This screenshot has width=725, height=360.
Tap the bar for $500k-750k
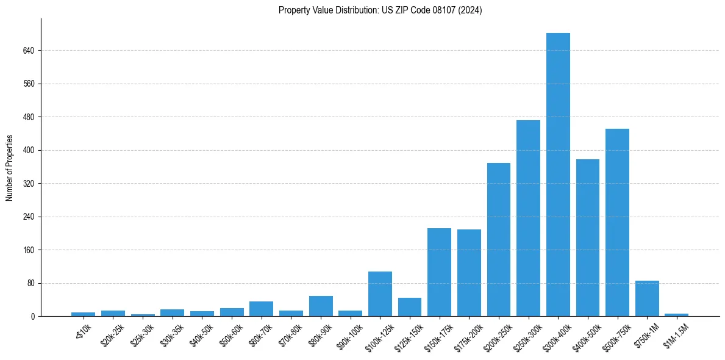(x=617, y=222)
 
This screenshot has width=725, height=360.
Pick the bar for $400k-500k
(x=588, y=237)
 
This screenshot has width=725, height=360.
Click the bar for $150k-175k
(x=439, y=272)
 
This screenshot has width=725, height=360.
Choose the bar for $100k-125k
(x=380, y=293)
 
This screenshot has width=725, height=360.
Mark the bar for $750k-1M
(x=647, y=298)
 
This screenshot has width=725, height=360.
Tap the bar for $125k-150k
(x=410, y=307)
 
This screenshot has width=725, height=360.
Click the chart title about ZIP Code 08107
(x=380, y=10)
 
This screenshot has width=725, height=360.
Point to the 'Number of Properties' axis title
(x=10, y=168)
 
